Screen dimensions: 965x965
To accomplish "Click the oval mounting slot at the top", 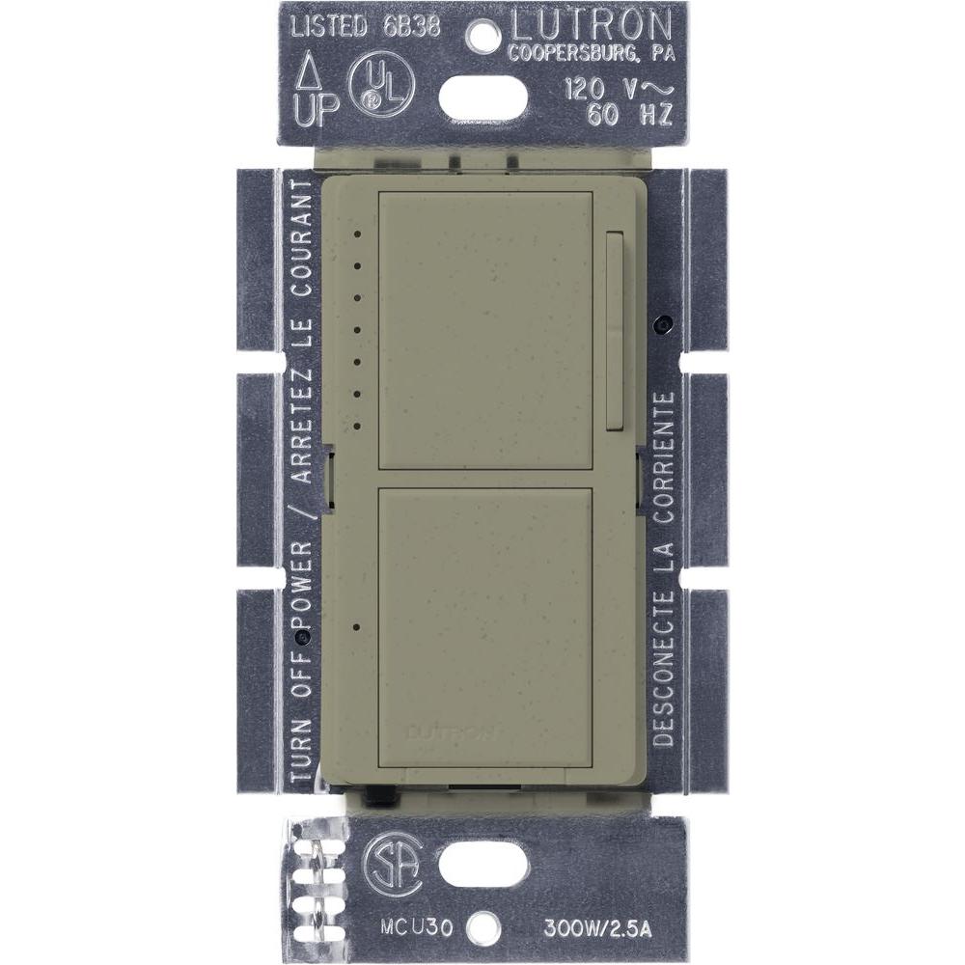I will point(483,96).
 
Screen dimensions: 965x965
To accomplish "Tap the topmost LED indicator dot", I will point(357,233).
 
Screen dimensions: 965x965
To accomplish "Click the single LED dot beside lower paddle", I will point(357,627).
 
